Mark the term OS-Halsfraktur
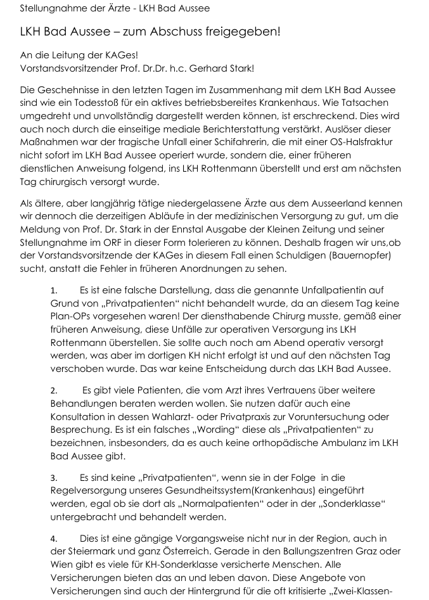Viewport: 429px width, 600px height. coord(366,144)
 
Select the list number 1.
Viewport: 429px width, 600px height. coord(54,290)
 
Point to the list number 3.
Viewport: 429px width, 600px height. coord(54,478)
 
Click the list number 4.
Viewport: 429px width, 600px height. coord(54,539)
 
